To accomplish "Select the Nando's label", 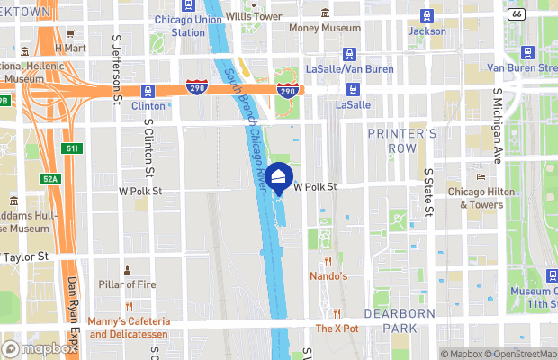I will coord(328,275).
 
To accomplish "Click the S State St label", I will coord(428,189).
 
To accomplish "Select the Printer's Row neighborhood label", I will coord(402,139).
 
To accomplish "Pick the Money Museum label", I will coord(323,28).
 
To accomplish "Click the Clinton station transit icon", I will coord(147,90).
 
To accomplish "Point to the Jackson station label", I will coord(427,31).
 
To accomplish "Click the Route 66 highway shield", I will coord(540,14).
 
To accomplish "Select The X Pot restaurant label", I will coord(337,328).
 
